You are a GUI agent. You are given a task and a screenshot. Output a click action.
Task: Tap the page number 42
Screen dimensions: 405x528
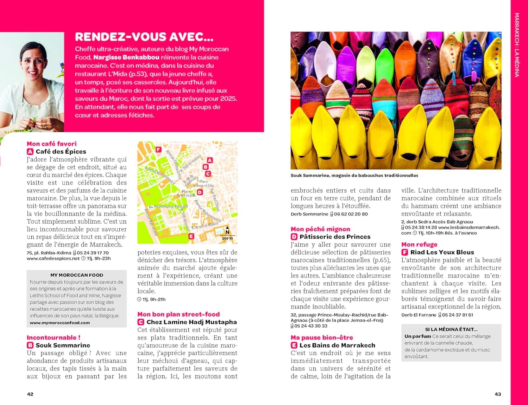(x=30, y=394)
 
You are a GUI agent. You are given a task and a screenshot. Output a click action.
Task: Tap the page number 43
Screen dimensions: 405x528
(x=498, y=394)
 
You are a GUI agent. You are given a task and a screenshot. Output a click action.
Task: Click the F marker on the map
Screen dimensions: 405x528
(x=158, y=150)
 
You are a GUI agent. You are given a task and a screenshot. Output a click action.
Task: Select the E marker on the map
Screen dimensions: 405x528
(x=191, y=236)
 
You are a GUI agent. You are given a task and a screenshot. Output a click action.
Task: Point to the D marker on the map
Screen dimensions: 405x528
(x=200, y=192)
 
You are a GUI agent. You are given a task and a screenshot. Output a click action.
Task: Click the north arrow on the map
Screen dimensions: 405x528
(x=227, y=230)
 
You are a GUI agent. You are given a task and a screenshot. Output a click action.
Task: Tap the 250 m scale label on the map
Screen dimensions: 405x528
(x=227, y=238)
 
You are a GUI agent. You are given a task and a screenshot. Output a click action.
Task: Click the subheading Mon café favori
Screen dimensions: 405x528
(x=51, y=144)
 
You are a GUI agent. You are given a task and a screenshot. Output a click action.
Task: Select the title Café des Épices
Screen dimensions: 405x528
(x=61, y=152)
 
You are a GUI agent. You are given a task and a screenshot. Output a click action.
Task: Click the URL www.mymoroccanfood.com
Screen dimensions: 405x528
(x=60, y=323)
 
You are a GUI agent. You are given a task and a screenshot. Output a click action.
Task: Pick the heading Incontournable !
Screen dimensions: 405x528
(x=54, y=337)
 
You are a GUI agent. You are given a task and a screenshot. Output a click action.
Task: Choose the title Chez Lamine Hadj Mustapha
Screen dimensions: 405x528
(x=191, y=322)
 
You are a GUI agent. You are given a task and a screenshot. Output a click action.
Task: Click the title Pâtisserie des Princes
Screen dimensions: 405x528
(x=335, y=237)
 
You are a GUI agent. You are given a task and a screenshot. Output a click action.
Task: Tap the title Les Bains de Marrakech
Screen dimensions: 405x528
(x=337, y=345)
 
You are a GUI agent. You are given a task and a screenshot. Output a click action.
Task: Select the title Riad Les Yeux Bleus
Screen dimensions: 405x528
(x=442, y=252)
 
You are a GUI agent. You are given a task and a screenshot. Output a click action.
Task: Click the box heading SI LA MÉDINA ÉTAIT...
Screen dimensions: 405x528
(x=451, y=329)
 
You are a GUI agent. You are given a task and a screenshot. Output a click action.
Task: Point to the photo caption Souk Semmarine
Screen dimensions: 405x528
(x=354, y=175)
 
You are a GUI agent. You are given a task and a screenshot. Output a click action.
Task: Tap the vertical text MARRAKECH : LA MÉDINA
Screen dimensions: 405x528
(x=517, y=45)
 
